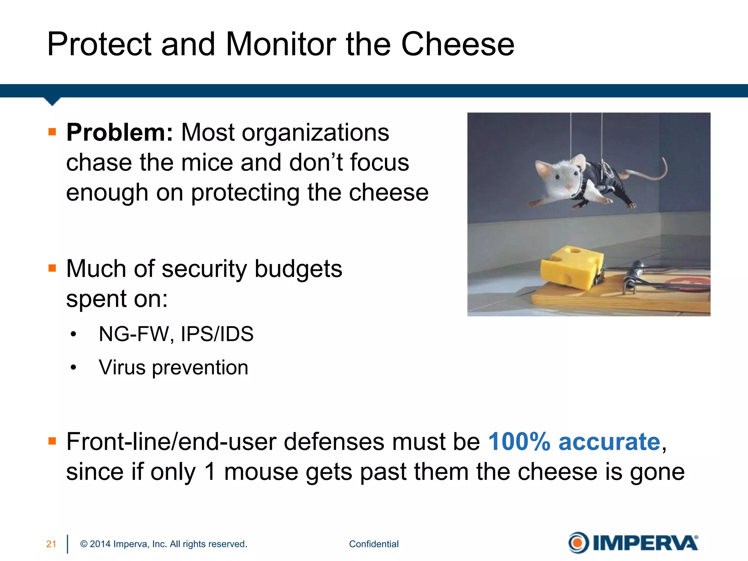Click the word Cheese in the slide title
point(458,44)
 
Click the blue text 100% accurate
point(575,442)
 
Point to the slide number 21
point(51,544)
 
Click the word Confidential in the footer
point(374,544)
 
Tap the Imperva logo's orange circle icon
point(578,543)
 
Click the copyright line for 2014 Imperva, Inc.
point(164,544)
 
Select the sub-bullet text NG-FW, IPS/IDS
point(176,334)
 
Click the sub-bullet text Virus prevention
point(173,367)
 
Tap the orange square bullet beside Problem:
point(52,132)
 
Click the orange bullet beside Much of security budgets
point(52,268)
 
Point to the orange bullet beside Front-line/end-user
point(52,441)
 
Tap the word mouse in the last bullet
point(261,472)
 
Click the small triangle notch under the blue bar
point(52,101)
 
